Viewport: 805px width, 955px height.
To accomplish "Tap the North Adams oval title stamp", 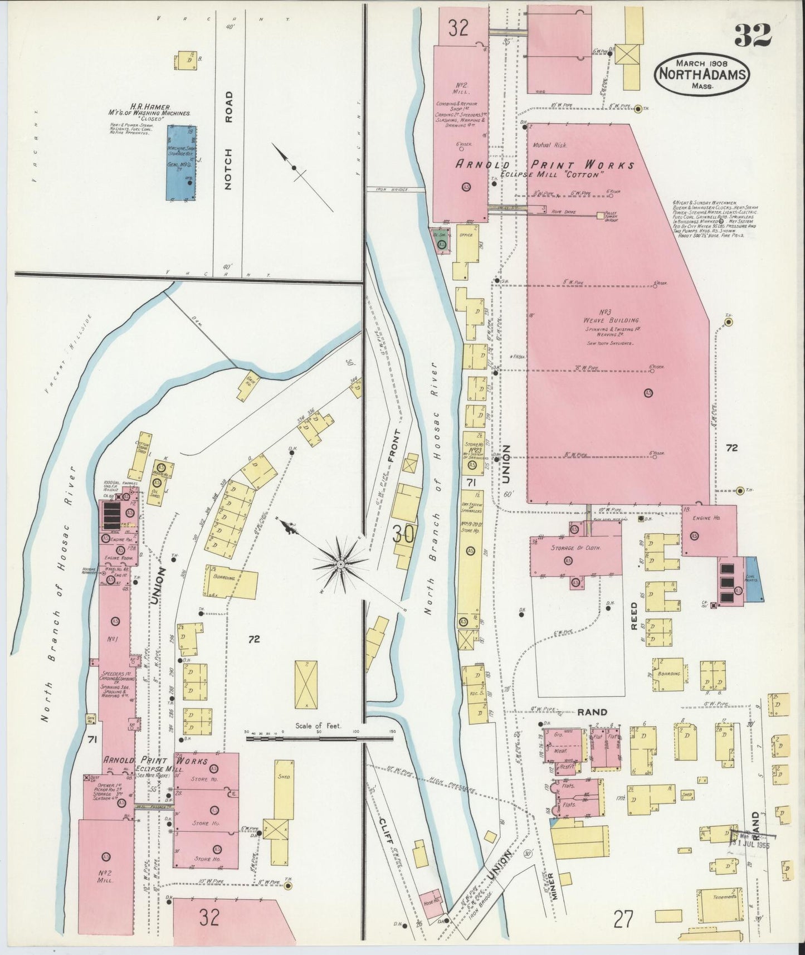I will (x=703, y=74).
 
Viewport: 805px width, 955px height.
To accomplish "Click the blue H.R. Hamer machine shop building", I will (x=182, y=162).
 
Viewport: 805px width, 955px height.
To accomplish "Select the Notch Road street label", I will (x=228, y=142).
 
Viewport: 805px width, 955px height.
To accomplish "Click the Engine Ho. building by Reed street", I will (x=709, y=530).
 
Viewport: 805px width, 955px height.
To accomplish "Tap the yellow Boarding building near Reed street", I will (x=671, y=674).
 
